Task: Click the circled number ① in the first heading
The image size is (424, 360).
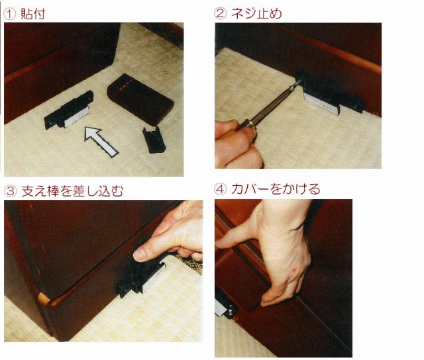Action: coord(10,15)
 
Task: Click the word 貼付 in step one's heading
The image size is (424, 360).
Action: coord(33,14)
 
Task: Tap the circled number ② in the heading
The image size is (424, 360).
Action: coord(220,14)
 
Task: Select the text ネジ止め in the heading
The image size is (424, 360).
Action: coord(256,14)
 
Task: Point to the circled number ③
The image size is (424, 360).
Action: coord(11,191)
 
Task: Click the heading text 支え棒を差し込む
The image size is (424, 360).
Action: coord(72,191)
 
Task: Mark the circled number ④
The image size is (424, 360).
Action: coord(220,189)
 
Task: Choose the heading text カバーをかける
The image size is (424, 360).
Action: coord(276,189)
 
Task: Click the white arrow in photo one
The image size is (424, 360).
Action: coord(99,142)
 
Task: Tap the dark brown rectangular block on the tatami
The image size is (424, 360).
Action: coord(140,99)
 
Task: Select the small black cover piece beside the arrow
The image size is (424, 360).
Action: coord(154,140)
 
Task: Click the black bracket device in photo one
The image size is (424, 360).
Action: coord(69,111)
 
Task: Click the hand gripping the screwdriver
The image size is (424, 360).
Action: coord(238,143)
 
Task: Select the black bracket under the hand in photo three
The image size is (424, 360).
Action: coord(140,278)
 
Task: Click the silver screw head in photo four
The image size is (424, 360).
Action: coord(230,312)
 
